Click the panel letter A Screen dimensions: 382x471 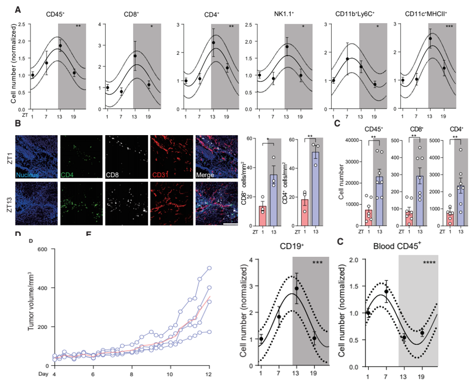coord(18,9)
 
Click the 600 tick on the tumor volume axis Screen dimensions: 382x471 coord(43,249)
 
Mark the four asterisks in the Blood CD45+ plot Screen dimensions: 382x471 coord(431,263)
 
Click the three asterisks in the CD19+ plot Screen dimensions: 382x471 coord(317,263)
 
